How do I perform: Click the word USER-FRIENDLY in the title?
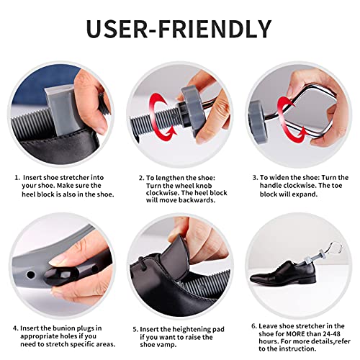(179, 28)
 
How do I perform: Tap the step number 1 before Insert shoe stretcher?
(17, 176)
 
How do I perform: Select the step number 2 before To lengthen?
(141, 176)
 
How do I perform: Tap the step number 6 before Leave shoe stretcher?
(255, 326)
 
